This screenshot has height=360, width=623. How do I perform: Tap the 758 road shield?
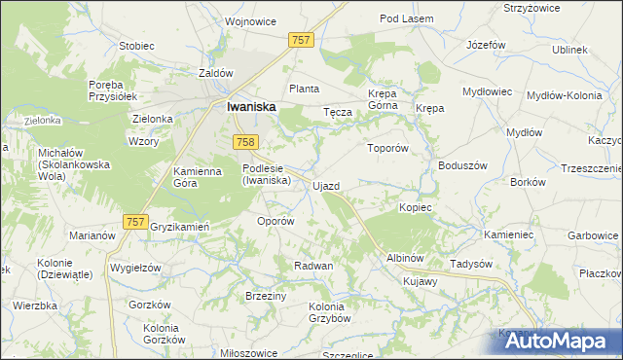(245, 143)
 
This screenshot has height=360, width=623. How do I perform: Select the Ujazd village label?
(325, 185)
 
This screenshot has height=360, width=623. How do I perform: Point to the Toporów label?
(385, 149)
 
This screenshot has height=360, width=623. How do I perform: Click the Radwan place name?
(314, 266)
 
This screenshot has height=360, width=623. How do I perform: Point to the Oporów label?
(275, 221)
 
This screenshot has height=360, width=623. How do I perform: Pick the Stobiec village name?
(136, 45)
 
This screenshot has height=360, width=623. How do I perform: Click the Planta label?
(304, 89)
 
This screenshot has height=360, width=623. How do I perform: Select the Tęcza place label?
(337, 112)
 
